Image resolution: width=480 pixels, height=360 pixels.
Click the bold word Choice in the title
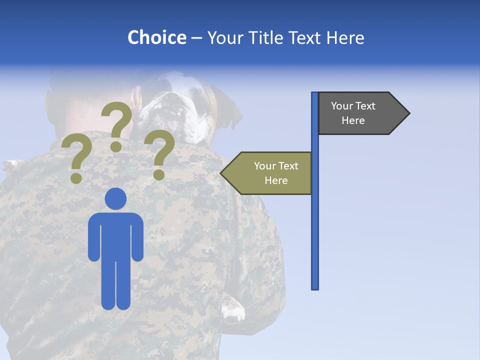(x=156, y=38)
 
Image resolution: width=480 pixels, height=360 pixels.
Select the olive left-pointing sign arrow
(x=267, y=173)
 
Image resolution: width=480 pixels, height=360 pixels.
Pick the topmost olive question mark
(x=117, y=125)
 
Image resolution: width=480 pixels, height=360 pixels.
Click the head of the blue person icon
(x=115, y=199)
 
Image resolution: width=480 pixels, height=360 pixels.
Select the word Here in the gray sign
(x=353, y=120)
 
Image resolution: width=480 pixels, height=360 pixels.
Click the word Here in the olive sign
(x=276, y=180)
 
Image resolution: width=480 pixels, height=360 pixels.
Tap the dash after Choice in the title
(x=196, y=38)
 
